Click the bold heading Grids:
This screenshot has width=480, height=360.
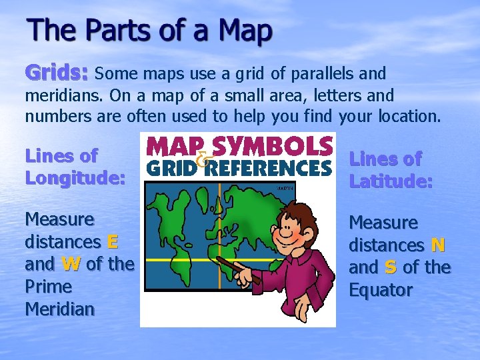(57, 71)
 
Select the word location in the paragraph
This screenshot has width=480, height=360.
(409, 116)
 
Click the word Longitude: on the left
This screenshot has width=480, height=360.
(75, 177)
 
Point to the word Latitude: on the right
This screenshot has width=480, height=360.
(391, 181)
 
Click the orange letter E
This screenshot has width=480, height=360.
(112, 241)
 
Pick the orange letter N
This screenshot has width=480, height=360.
(437, 245)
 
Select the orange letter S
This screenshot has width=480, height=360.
(391, 267)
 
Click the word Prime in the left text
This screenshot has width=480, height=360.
(48, 287)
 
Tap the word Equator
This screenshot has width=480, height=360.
(381, 290)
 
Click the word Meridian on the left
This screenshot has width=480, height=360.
(59, 309)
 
